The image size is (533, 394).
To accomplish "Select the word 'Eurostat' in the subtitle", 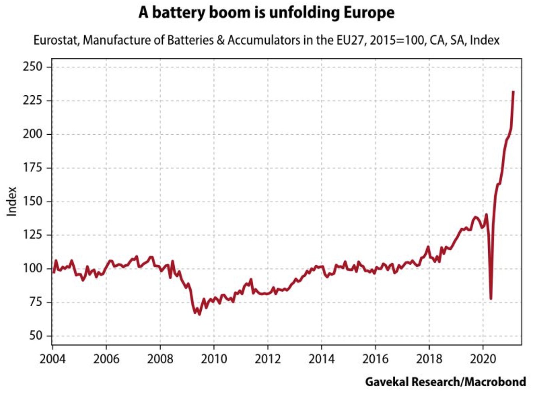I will tap(56, 40).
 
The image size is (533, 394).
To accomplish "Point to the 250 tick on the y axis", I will tap(32, 67).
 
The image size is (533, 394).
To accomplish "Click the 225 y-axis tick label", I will tap(32, 100).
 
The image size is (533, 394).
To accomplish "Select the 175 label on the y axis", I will tap(32, 168).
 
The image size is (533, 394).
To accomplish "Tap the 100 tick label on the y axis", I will tap(32, 269).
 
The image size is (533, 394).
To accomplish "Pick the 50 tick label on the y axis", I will tap(35, 335).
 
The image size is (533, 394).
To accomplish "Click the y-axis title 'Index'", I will tap(12, 201).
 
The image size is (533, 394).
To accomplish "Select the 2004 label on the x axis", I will tap(52, 358).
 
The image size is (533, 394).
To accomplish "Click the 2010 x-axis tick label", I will tap(214, 358).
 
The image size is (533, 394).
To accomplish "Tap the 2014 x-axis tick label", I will tap(322, 358).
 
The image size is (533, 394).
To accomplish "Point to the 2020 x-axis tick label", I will tap(483, 358).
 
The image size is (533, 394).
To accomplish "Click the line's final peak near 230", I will tap(513, 92).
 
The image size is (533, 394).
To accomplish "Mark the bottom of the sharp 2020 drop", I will tap(491, 299).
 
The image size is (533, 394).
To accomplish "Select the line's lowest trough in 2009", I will tap(199, 314).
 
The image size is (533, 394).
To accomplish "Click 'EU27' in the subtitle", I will tap(351, 40).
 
